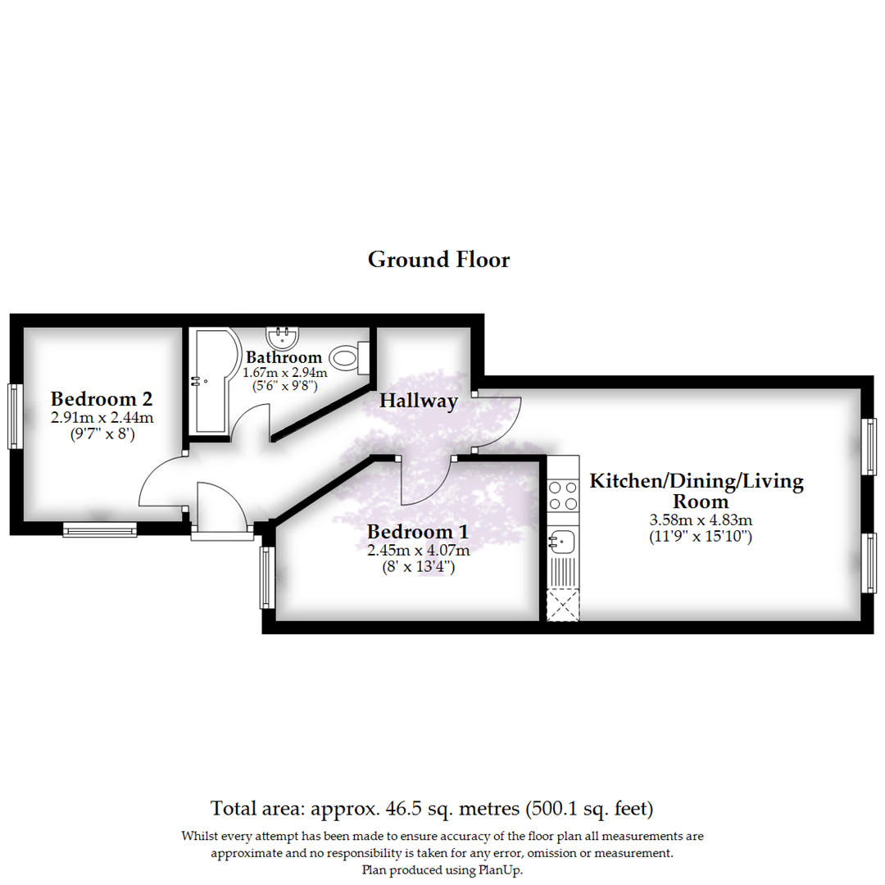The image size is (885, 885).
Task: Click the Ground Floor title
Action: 438,260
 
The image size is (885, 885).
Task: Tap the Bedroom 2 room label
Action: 102,400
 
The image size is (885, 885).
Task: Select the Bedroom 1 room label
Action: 418,533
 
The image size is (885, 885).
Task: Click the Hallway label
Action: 418,402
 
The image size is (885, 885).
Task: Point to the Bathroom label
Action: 284,357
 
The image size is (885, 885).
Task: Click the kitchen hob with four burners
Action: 562,496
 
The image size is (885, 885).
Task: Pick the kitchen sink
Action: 562,540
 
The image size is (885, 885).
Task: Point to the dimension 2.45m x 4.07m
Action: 418,551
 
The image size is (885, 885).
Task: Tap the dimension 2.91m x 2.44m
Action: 102,418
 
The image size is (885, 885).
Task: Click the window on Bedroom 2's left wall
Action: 14,416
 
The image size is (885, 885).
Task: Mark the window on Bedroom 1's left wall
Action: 266,578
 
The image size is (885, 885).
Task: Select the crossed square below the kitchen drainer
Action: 562,605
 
